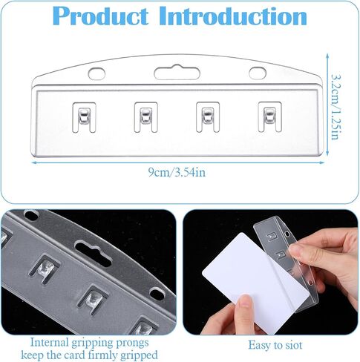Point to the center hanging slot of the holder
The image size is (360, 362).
pos(174,73)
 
